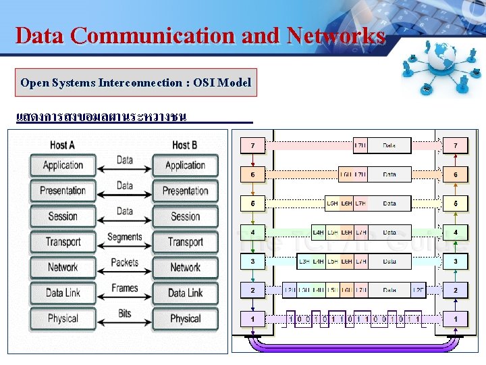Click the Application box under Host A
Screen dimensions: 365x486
[x=63, y=165]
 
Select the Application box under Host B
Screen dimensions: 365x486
[x=185, y=165]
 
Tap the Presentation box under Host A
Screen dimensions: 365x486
[x=63, y=191]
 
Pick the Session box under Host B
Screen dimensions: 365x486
[x=185, y=216]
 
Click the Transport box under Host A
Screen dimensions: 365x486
[x=63, y=242]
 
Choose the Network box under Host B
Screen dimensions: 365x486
[x=185, y=268]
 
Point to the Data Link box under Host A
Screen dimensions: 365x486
[x=63, y=293]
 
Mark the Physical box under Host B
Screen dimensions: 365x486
[x=185, y=318]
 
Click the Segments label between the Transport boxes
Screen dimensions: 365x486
[x=125, y=237]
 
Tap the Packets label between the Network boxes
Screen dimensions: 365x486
[x=125, y=262]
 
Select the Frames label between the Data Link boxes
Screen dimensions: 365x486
[x=125, y=288]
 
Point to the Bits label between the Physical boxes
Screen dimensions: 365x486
[x=125, y=314]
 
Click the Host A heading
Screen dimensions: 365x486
[x=63, y=145]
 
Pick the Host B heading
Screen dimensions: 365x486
[x=185, y=145]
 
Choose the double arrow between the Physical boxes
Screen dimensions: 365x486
[x=125, y=323]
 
